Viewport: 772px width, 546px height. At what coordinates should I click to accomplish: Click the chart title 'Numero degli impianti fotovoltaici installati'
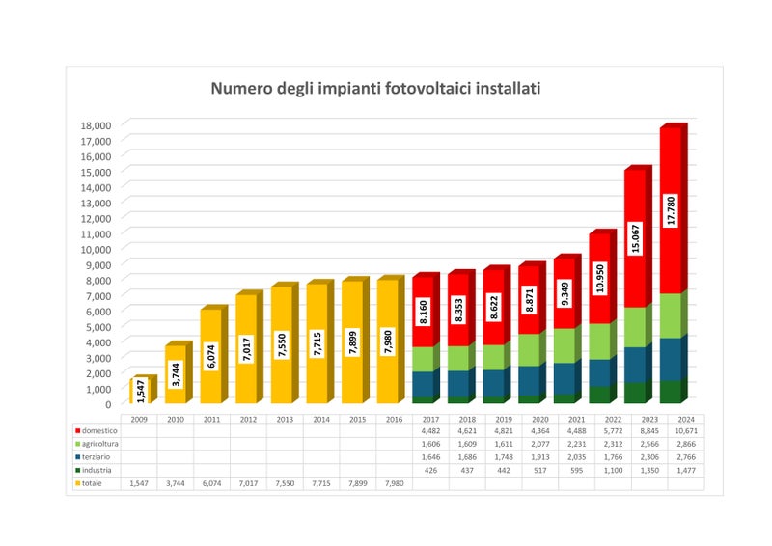tap(376, 89)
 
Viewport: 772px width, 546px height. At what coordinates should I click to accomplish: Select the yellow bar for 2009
tap(140, 393)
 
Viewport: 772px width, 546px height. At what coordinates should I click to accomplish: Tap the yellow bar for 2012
tap(247, 349)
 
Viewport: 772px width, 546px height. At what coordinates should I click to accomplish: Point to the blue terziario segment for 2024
tap(672, 360)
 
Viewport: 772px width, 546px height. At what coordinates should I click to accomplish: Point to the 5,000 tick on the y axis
tap(97, 327)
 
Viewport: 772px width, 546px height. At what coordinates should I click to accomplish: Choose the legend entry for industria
tap(96, 470)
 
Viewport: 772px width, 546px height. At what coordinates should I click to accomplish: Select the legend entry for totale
tap(93, 482)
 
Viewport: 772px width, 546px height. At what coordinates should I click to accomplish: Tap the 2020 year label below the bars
tap(529, 419)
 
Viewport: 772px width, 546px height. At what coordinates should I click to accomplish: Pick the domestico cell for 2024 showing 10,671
tap(685, 431)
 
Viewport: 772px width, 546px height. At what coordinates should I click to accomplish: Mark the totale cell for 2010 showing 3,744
tap(175, 482)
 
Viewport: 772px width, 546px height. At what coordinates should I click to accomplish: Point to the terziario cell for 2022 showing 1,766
tap(613, 457)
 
